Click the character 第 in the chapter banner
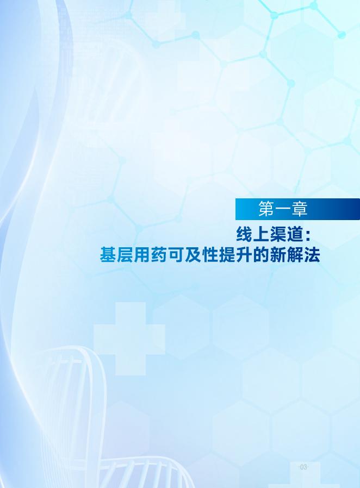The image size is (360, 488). pos(266,209)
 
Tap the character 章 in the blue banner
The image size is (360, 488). pos(300,209)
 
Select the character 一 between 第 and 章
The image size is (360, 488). pos(283,209)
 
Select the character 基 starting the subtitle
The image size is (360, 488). pos(108,255)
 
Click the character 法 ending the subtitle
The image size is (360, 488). pos(312,255)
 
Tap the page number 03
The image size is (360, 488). pos(303,467)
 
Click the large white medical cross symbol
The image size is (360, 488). pos(129,339)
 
